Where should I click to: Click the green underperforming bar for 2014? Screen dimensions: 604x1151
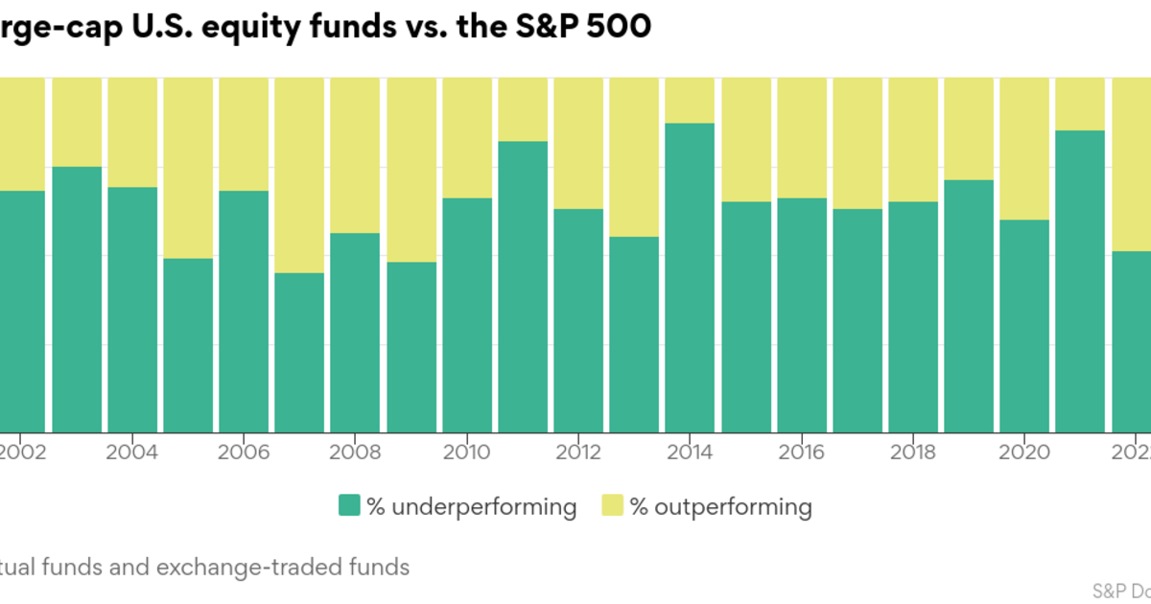690,278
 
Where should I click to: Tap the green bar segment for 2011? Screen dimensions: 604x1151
523,288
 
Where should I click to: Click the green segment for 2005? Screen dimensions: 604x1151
188,345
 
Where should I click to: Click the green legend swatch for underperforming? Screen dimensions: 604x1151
348,506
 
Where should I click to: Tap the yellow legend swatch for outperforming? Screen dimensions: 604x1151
612,506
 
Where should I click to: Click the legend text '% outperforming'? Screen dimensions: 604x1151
720,506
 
